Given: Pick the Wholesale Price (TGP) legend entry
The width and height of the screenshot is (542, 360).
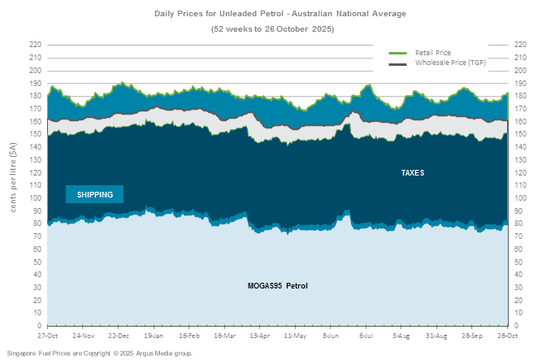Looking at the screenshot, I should click(449, 62).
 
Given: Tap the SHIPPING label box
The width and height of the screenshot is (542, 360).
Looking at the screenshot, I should click(95, 194).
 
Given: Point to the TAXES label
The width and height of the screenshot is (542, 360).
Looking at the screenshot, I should click(412, 173).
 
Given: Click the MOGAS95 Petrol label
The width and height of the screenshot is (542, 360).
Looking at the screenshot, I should click(278, 286).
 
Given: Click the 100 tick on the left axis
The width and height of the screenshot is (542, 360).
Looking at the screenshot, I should click(35, 197).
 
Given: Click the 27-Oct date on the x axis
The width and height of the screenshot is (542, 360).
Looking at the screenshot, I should click(47, 335).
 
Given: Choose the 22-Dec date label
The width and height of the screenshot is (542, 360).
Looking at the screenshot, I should click(119, 335).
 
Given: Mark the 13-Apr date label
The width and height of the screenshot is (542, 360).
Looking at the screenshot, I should click(260, 335).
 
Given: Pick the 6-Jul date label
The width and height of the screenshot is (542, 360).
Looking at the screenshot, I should click(367, 335).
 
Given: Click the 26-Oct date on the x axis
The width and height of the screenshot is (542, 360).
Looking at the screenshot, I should click(507, 335).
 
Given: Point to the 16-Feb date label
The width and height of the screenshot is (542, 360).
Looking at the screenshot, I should click(189, 335).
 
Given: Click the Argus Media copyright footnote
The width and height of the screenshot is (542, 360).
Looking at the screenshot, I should click(100, 353).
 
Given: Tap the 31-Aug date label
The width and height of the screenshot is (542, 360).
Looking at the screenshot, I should click(436, 335).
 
